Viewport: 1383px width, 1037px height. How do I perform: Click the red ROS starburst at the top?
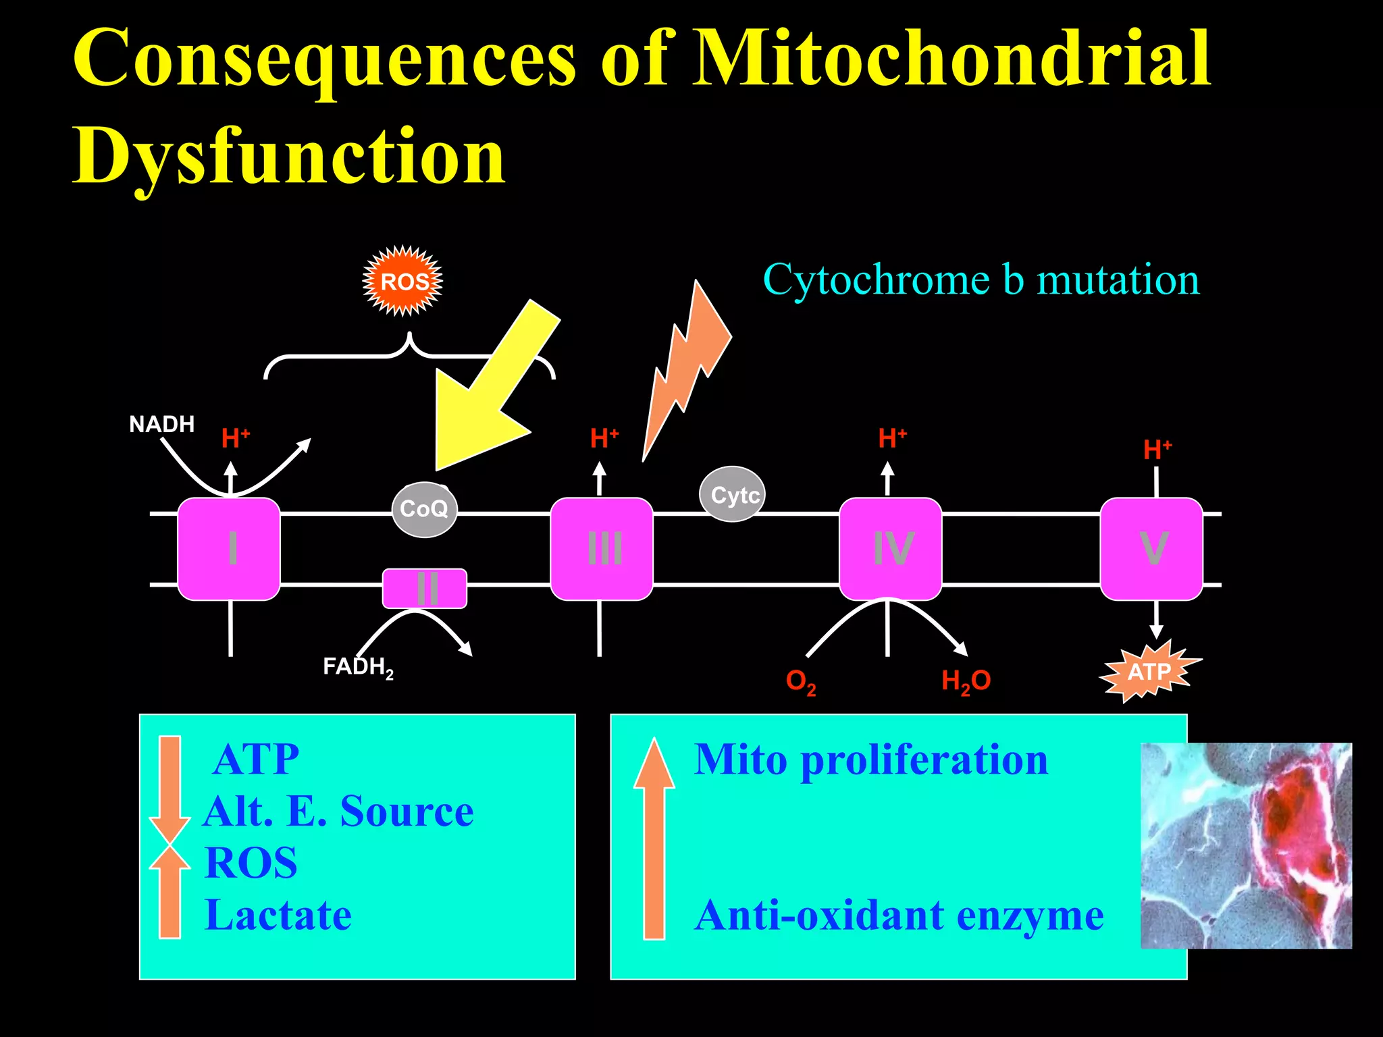tap(403, 281)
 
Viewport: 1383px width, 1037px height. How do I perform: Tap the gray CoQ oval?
tap(424, 509)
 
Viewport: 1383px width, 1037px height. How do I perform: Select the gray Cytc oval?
tap(733, 495)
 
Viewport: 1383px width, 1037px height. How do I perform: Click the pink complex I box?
tap(229, 548)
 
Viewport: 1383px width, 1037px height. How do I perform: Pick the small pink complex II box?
tap(425, 588)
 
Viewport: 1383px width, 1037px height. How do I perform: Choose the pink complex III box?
tap(602, 548)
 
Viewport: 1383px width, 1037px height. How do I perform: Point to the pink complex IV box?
tap(890, 548)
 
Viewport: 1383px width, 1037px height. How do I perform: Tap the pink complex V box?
tap(1151, 548)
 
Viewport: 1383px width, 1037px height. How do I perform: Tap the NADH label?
tap(162, 425)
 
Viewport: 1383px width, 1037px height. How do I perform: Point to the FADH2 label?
tap(357, 667)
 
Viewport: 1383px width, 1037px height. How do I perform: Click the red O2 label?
tap(800, 681)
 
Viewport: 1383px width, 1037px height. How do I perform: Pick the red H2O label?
tap(966, 681)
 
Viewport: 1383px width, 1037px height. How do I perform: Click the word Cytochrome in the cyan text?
tap(878, 280)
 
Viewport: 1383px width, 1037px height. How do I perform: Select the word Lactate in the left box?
tap(278, 915)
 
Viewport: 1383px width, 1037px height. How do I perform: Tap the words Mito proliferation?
tap(871, 760)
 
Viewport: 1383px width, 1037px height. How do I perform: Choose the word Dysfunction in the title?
tap(289, 157)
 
